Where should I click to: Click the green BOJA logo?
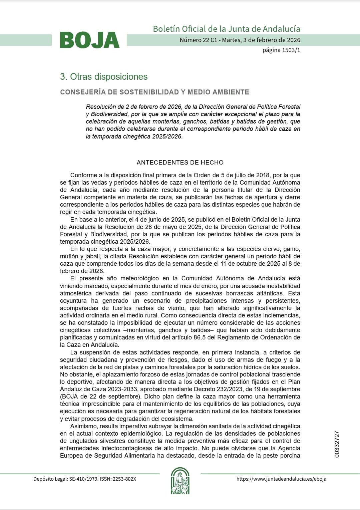pos(89,40)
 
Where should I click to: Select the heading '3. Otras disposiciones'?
pos(104,77)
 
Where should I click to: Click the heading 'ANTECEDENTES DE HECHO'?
pos(180,163)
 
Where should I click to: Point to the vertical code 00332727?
pos(337,444)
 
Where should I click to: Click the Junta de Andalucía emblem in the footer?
pos(180,481)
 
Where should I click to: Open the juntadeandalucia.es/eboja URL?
pos(281,479)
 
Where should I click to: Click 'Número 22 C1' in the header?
pos(199,40)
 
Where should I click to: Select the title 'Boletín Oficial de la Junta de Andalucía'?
pos(227,29)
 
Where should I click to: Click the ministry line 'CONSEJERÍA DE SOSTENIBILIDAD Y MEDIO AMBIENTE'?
pos(154,92)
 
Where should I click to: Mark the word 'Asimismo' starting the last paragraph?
pos(83,426)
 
